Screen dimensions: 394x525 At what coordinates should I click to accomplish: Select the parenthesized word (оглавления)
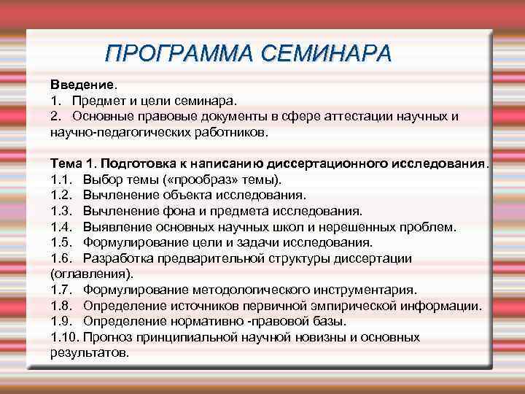(x=91, y=274)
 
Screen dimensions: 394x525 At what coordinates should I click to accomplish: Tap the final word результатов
(x=90, y=352)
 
